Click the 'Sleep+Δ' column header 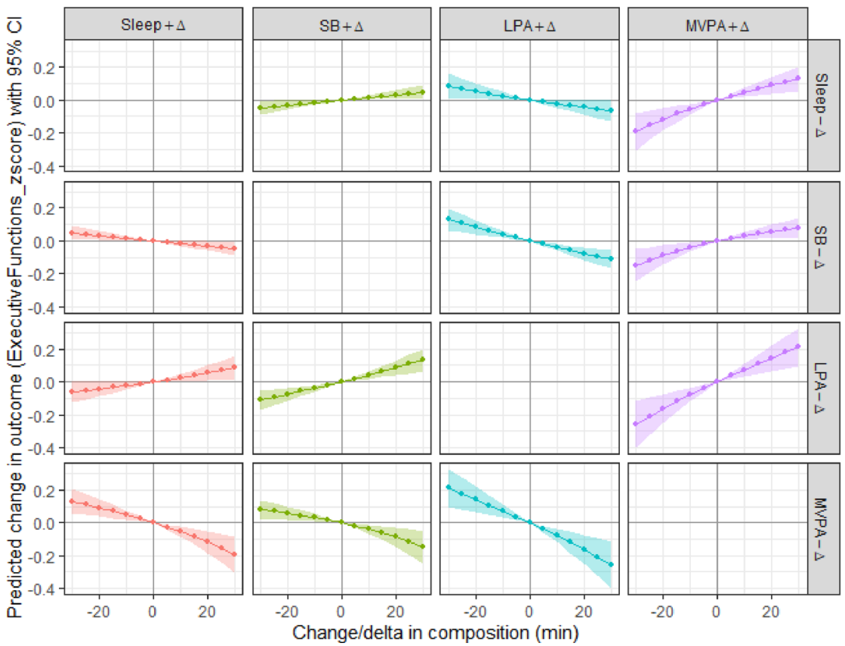coord(153,25)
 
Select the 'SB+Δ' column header coord(341,26)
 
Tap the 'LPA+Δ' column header coord(529,26)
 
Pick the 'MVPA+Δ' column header coord(717,26)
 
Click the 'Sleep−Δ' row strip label coord(821,105)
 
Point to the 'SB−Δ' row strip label coord(821,247)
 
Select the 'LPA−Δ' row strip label coord(821,388)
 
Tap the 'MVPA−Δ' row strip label coord(821,528)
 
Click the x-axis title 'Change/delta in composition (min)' coord(436,632)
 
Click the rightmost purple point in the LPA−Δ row coord(798,346)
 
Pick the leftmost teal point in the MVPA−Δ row coord(449,487)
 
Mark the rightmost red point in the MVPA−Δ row coord(234,554)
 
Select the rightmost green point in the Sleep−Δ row coord(423,92)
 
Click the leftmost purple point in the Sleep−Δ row coord(635,131)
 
